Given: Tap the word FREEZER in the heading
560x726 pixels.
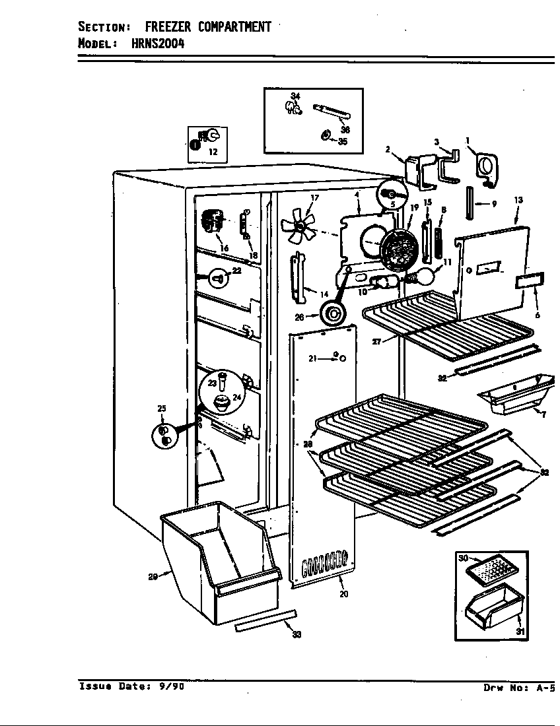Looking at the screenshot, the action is (168, 27).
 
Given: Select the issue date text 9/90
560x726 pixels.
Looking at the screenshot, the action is (172, 686).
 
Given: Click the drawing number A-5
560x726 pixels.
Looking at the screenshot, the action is (545, 688).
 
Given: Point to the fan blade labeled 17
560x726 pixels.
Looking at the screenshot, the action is (298, 226).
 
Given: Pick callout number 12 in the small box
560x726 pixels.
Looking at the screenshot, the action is (213, 151).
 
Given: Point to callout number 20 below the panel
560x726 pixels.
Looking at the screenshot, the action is (343, 594).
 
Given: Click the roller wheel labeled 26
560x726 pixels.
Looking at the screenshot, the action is (332, 315).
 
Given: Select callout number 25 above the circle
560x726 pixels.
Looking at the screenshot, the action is (162, 409).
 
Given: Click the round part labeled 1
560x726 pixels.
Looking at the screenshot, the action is (486, 168).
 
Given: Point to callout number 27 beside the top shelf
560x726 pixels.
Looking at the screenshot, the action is (376, 342).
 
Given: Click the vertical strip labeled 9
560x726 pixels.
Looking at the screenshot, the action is (470, 203).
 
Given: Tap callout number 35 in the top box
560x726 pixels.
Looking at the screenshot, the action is (342, 142).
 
